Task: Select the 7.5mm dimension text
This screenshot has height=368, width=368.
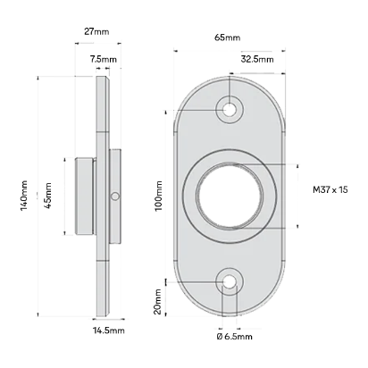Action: pyautogui.click(x=103, y=59)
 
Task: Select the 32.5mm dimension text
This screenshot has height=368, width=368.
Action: pyautogui.click(x=256, y=59)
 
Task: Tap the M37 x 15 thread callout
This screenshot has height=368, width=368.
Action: pyautogui.click(x=331, y=190)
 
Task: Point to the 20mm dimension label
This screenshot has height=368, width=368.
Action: pyautogui.click(x=158, y=300)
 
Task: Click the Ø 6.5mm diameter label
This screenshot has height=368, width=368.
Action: pyautogui.click(x=234, y=337)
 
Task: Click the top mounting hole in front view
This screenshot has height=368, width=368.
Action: pyautogui.click(x=230, y=109)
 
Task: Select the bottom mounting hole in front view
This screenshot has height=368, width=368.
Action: pyautogui.click(x=230, y=283)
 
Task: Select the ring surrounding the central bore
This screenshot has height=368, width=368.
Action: pyautogui.click(x=192, y=197)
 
